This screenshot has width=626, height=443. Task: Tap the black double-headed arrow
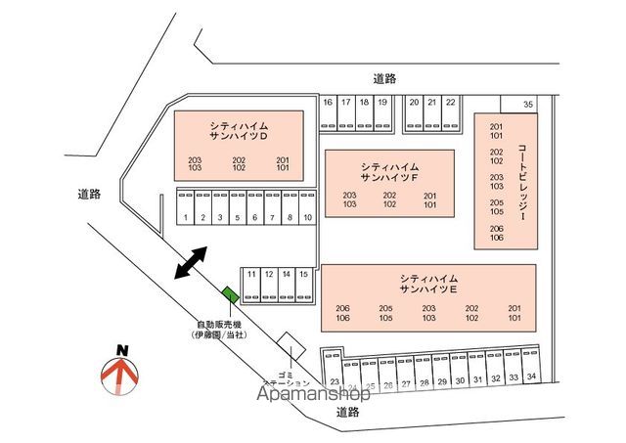(191, 263)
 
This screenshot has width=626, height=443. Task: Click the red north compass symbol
(120, 373)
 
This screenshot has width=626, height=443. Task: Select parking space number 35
(528, 104)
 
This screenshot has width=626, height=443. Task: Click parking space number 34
(531, 376)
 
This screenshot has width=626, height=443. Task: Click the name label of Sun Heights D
(239, 131)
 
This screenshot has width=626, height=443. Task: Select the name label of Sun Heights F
(389, 171)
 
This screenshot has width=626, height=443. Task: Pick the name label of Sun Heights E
(429, 285)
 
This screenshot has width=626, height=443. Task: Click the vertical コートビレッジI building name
(522, 182)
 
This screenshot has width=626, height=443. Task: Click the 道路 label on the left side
(89, 194)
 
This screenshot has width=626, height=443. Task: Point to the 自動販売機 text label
(220, 325)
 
